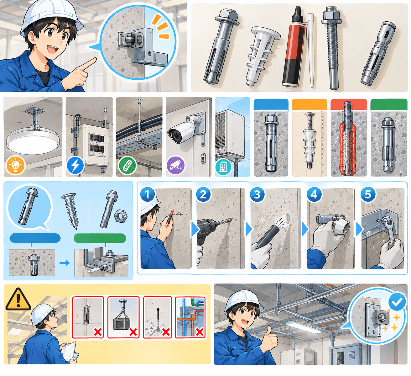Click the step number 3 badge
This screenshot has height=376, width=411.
click(x=257, y=194)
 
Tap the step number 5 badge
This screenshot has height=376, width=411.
click(x=368, y=194)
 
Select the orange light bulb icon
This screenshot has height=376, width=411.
click(x=16, y=165)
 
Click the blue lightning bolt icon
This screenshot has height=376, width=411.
click(x=75, y=165)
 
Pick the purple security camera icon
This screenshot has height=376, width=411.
click(x=176, y=165)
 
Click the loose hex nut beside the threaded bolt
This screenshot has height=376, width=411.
click(x=121, y=216)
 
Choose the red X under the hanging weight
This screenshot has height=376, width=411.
click(x=133, y=332)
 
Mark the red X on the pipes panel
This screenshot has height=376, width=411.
click(x=200, y=332)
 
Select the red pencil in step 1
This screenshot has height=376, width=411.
click(x=170, y=217)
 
